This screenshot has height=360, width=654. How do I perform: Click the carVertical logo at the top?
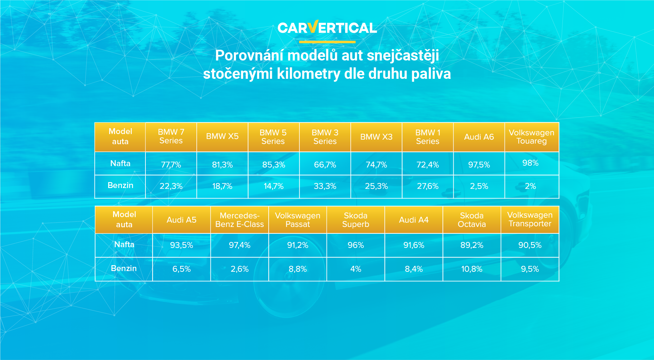pyautogui.click(x=327, y=27)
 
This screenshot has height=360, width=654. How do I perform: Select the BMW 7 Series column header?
pyautogui.click(x=171, y=136)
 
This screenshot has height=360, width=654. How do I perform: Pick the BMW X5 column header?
pyautogui.click(x=222, y=136)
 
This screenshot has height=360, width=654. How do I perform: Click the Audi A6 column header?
pyautogui.click(x=479, y=137)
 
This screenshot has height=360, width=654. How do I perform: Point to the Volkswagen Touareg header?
pyautogui.click(x=531, y=137)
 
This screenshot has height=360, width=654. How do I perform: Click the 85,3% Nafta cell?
pyautogui.click(x=274, y=165)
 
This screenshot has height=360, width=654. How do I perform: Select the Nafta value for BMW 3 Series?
pyautogui.click(x=325, y=165)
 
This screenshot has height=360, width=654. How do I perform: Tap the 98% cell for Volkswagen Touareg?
pyautogui.click(x=530, y=163)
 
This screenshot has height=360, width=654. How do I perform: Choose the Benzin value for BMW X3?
pyautogui.click(x=376, y=186)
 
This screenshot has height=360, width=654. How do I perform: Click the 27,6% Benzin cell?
pyautogui.click(x=428, y=186)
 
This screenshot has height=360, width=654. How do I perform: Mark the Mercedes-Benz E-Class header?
pyautogui.click(x=240, y=220)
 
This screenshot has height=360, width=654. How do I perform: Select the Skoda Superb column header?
pyautogui.click(x=356, y=220)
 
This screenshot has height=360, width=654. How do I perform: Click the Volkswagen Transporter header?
pyautogui.click(x=530, y=219)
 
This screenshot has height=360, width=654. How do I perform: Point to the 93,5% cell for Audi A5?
pyautogui.click(x=181, y=245)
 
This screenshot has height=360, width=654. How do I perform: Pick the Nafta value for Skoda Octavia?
pyautogui.click(x=472, y=245)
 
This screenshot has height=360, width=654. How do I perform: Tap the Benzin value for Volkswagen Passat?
pyautogui.click(x=297, y=269)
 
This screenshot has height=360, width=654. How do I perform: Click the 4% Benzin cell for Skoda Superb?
pyautogui.click(x=356, y=269)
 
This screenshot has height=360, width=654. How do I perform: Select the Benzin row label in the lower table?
pyautogui.click(x=124, y=268)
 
